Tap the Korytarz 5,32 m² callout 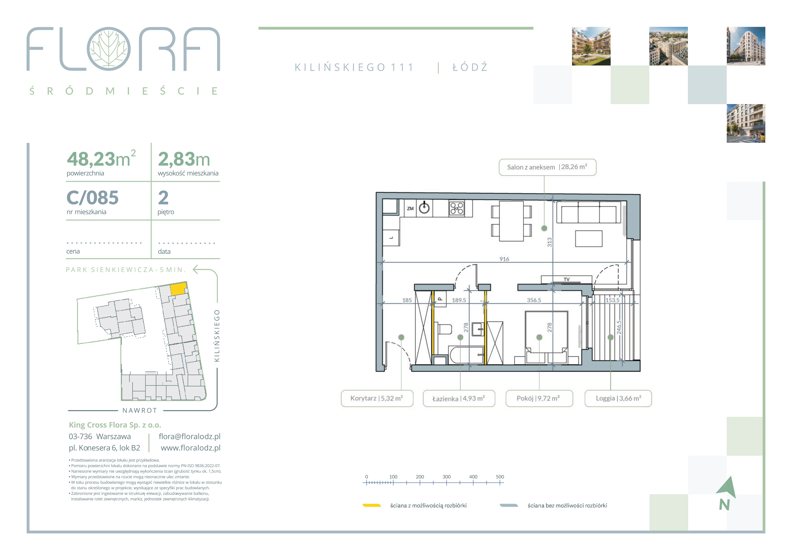[377, 399]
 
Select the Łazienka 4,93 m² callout [459, 399]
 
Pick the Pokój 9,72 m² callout [539, 399]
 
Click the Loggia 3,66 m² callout [618, 399]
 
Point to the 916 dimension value [504, 259]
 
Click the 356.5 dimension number [534, 300]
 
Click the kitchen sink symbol [424, 208]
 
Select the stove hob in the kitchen [457, 208]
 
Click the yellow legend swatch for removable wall [371, 506]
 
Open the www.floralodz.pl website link [190, 448]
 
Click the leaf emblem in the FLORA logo [109, 49]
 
